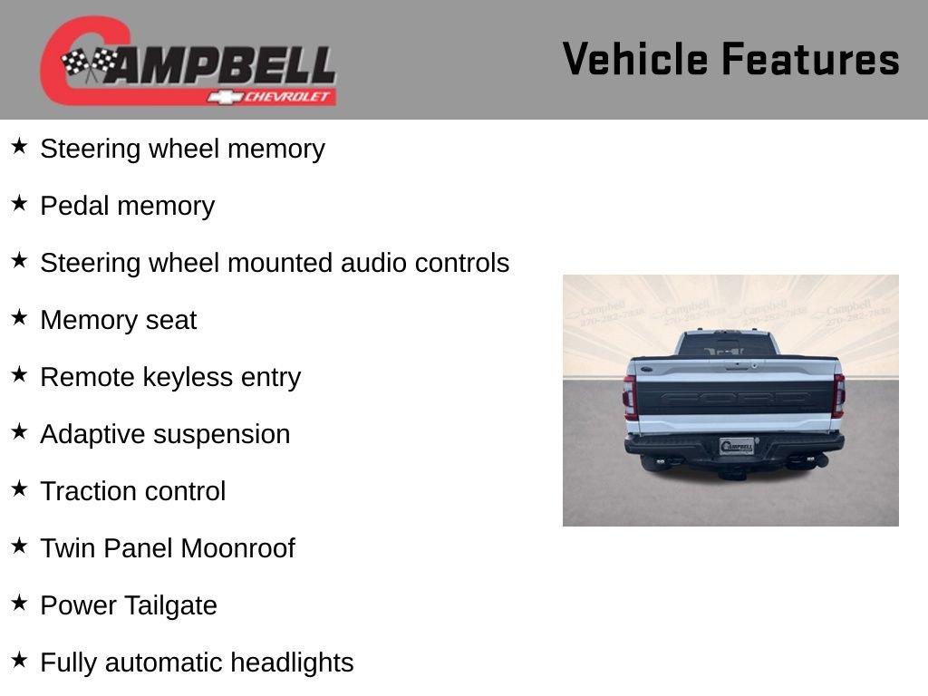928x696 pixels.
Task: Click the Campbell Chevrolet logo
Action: coord(188,62)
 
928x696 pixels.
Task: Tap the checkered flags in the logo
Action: coord(89,63)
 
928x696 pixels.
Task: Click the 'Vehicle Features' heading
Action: coord(730,60)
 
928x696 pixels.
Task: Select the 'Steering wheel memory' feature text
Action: coord(182,149)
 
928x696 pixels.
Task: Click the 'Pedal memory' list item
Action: coord(127,206)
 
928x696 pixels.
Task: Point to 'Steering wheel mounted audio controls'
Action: coord(275,263)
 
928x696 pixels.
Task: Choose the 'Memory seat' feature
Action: coord(118,320)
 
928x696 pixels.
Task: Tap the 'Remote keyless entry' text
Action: coord(170,377)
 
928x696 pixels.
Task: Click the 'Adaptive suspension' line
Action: coord(165,434)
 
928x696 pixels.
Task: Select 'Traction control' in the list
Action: coord(132,491)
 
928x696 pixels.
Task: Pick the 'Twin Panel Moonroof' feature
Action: coord(168,548)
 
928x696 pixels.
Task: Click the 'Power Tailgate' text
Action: coord(129,605)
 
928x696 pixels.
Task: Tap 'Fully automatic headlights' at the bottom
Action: coord(197,662)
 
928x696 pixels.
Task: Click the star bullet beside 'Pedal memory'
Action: coord(19,204)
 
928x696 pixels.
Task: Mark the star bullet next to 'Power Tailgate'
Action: coord(19,604)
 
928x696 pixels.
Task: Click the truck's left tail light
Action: coord(630,397)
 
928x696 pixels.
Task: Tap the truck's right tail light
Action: coord(838,396)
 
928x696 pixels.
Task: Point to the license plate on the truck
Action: coord(737,446)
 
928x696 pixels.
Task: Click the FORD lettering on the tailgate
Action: coord(734,398)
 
